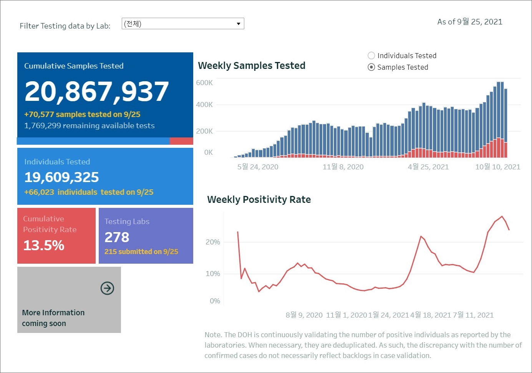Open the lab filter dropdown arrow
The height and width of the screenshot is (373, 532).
(x=238, y=24)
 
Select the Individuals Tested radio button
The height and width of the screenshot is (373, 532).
(x=371, y=55)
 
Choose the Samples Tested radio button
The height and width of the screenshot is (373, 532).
(x=371, y=67)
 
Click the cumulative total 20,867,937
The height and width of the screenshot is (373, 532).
(x=96, y=92)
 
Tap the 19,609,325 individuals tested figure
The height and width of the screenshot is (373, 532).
(x=61, y=177)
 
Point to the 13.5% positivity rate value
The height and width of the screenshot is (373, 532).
(x=44, y=245)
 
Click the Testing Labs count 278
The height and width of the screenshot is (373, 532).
(x=117, y=237)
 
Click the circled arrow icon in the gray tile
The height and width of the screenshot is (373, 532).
(x=107, y=288)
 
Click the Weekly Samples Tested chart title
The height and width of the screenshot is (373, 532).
(x=252, y=65)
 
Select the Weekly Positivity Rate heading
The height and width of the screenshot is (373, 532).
(x=259, y=199)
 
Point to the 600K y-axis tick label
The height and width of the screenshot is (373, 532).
(x=204, y=82)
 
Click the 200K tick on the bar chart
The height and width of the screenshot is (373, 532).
(x=204, y=131)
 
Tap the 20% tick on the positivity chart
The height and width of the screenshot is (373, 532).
(x=213, y=242)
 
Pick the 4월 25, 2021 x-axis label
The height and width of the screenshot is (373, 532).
(x=428, y=167)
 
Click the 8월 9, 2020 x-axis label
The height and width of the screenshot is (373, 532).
(x=304, y=315)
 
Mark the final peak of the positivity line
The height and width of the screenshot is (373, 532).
(x=502, y=216)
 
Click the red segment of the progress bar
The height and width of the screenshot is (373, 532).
(x=181, y=141)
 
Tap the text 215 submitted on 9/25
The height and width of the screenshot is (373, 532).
(x=141, y=251)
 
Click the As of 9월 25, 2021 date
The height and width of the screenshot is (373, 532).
(x=469, y=22)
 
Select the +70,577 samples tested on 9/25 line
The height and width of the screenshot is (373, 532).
(x=82, y=114)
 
